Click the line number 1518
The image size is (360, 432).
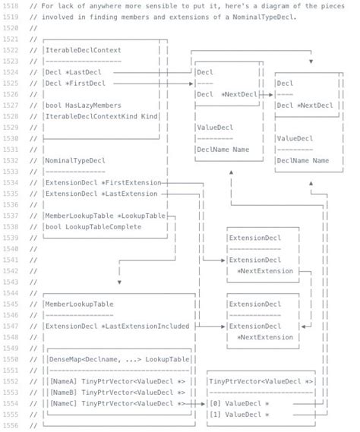click(10, 6)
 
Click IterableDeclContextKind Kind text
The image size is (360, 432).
click(101, 116)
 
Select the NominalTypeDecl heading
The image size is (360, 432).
click(75, 160)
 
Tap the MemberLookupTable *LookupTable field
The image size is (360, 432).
click(105, 216)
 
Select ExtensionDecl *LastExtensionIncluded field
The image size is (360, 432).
click(117, 326)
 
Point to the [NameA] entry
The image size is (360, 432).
click(64, 380)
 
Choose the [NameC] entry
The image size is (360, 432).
click(64, 403)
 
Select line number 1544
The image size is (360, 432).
click(10, 292)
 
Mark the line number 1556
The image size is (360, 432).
click(10, 425)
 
